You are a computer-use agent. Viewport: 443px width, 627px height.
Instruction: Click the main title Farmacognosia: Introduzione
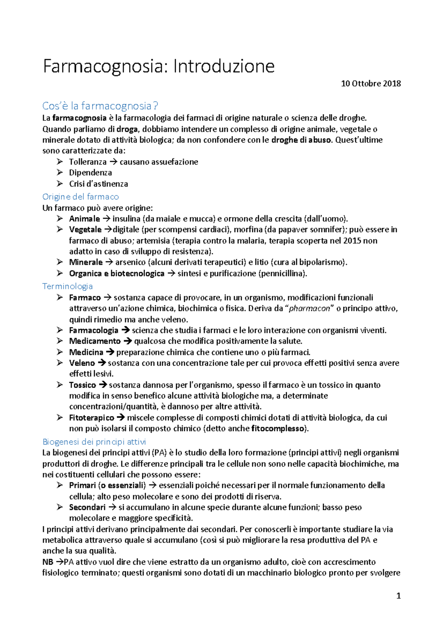coord(159,67)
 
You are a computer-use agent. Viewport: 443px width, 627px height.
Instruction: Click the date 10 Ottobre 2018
coord(371,83)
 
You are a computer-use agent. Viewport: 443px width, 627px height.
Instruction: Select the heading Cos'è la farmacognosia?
coord(100,106)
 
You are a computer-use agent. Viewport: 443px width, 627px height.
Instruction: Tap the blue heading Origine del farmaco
coord(80,196)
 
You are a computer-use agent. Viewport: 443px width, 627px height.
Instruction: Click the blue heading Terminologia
coord(68,286)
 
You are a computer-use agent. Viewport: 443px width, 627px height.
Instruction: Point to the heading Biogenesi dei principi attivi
coord(94,442)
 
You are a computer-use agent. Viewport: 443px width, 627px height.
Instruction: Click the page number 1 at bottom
coord(398,596)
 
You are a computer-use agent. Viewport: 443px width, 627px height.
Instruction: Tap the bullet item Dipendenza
coord(90,172)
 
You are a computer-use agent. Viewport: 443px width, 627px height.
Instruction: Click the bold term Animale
coord(85,219)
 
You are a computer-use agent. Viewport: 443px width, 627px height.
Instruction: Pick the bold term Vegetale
coord(85,229)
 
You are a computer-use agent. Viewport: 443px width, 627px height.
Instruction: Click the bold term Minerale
coord(86,262)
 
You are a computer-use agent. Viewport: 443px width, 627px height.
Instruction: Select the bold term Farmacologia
coord(94,330)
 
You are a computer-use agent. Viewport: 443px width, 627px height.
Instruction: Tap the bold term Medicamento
coord(95,341)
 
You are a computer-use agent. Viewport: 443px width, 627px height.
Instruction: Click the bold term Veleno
coord(82,363)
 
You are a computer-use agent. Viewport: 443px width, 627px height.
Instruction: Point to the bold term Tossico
coord(82,385)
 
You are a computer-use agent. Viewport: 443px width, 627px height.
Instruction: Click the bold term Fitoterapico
coord(92,418)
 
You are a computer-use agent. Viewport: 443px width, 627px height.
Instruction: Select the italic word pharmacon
coord(309,308)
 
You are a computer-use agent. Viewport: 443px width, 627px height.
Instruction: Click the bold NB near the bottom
coord(48,562)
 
